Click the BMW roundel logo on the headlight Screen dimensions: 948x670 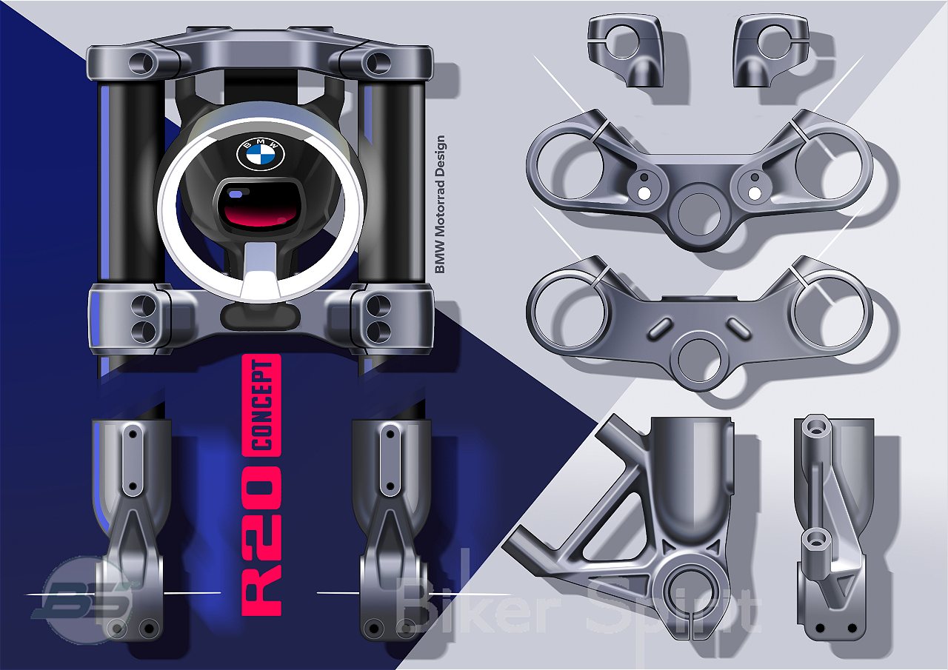[260, 154]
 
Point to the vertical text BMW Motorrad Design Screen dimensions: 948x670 [440, 205]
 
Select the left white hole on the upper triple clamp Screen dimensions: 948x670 [644, 194]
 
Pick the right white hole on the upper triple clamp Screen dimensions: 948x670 [754, 194]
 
